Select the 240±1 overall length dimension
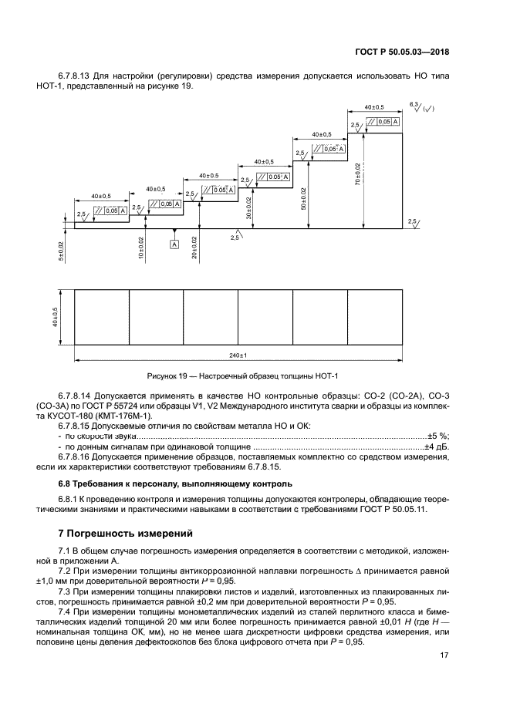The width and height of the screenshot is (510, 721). pyautogui.click(x=238, y=355)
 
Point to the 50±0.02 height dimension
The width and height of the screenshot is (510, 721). pyautogui.click(x=304, y=197)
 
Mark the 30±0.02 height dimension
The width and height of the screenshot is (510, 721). pyautogui.click(x=249, y=207)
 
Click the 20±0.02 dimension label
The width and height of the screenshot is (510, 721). pyautogui.click(x=194, y=247)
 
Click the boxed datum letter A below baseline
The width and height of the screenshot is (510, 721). pyautogui.click(x=174, y=244)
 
